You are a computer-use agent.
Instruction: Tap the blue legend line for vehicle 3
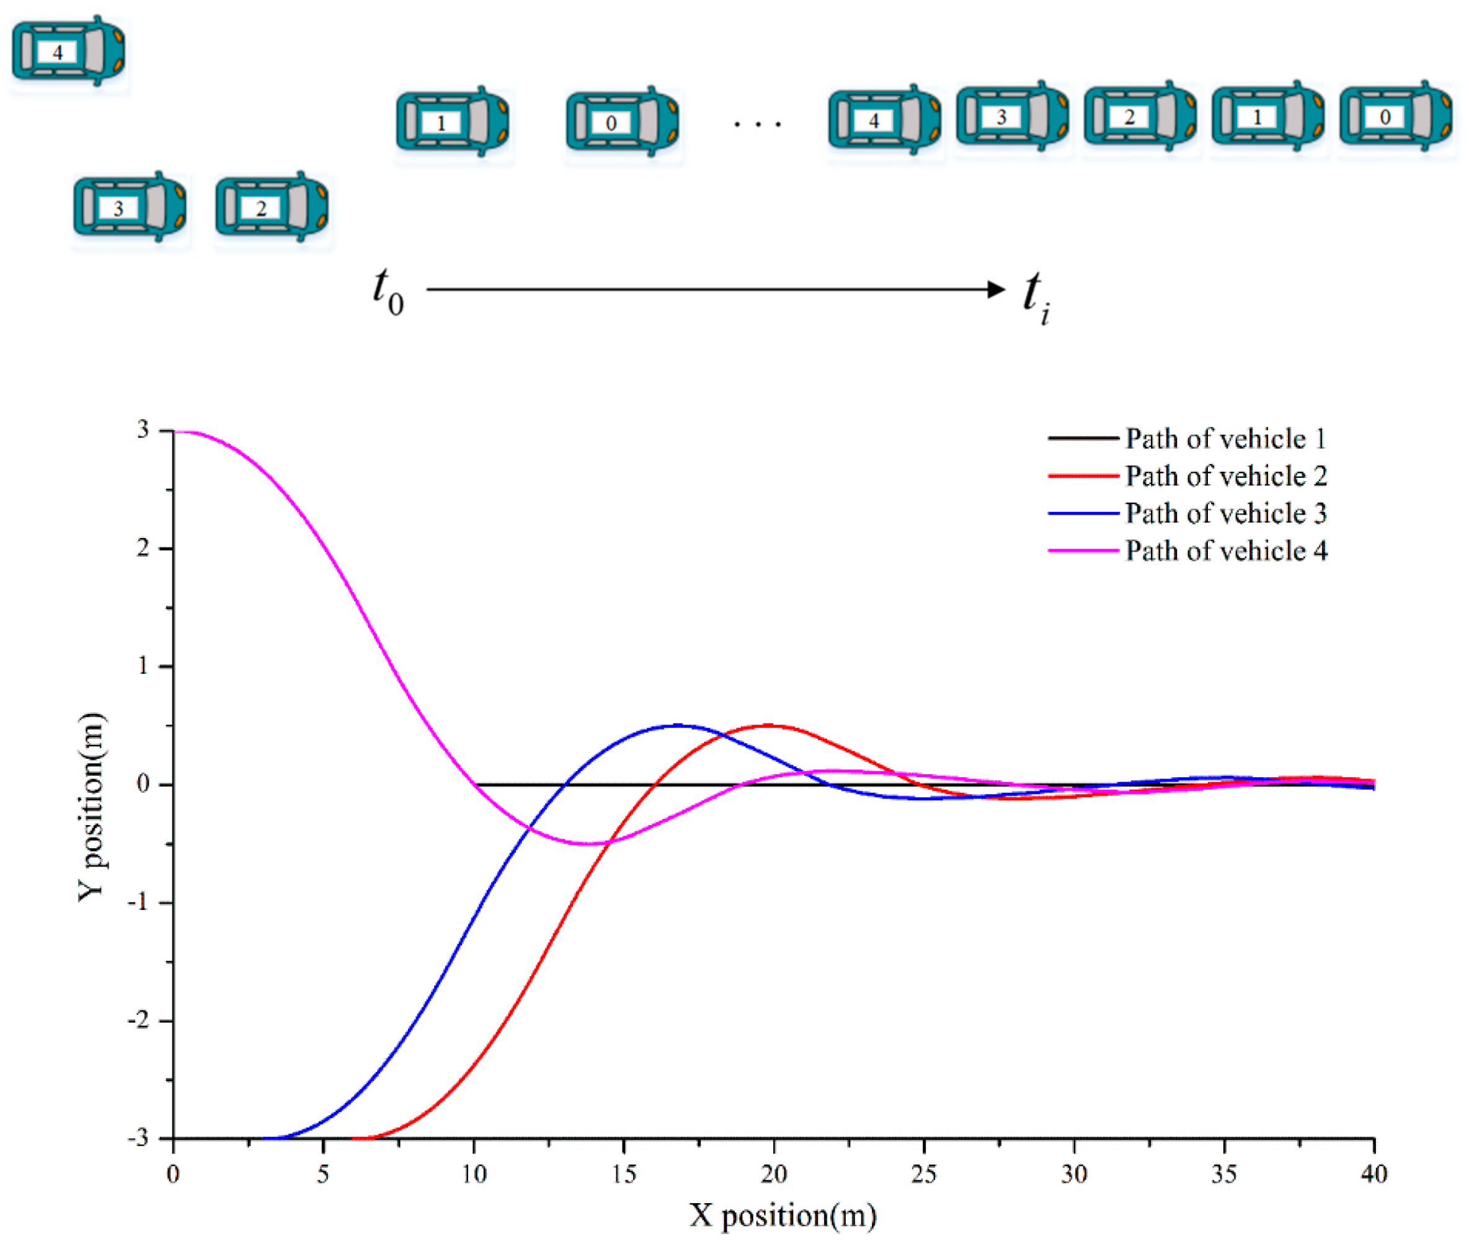[1082, 513]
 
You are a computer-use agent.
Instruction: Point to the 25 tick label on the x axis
[923, 1175]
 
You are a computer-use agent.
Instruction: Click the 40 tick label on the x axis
[1373, 1175]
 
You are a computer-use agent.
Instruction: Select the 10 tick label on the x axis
[474, 1175]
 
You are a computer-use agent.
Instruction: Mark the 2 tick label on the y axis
[144, 548]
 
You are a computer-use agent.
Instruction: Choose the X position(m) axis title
[783, 1216]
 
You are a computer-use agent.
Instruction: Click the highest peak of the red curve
[770, 725]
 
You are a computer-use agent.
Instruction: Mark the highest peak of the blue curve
[677, 725]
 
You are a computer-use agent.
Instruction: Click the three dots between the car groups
[757, 125]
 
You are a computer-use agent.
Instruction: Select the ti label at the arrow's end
[1036, 295]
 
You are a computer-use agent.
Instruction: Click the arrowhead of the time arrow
[996, 289]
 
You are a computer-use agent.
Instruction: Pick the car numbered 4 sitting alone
[68, 51]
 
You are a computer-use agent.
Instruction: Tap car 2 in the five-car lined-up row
[1139, 116]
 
